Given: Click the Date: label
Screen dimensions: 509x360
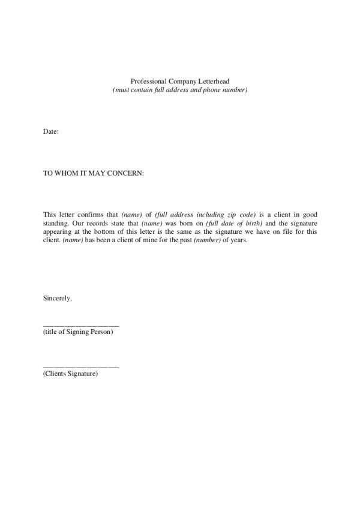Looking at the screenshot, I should click(50, 131).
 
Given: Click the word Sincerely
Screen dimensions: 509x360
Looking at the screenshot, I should click(58, 298).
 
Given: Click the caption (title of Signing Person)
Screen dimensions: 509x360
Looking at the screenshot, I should click(78, 332).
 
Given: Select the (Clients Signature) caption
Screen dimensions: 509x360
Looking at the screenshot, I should click(70, 374).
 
